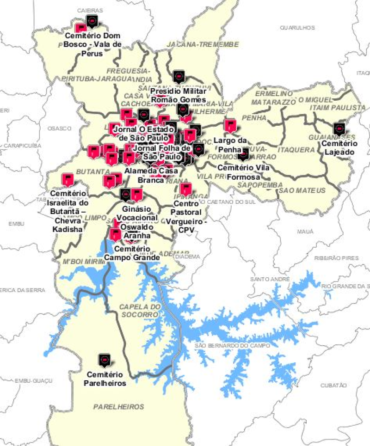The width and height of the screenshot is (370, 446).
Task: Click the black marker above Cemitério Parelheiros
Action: click(x=105, y=359)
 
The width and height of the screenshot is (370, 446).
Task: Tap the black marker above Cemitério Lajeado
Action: click(x=339, y=128)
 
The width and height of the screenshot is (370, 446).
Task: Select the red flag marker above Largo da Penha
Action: click(x=230, y=125)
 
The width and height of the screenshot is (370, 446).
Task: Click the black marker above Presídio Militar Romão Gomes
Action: click(x=179, y=75)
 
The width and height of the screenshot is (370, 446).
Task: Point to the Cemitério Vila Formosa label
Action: click(x=243, y=172)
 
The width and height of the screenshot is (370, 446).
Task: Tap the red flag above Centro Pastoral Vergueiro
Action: click(x=186, y=189)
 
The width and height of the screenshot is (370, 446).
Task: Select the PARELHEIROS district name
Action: click(x=118, y=407)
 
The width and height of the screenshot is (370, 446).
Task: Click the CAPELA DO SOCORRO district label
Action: click(x=139, y=311)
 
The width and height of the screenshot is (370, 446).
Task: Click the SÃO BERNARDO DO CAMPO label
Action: click(x=225, y=346)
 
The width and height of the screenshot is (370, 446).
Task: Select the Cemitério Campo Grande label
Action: click(x=132, y=253)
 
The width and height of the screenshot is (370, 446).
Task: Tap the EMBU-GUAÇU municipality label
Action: click(x=28, y=380)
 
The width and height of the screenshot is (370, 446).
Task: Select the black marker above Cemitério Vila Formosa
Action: click(x=243, y=154)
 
